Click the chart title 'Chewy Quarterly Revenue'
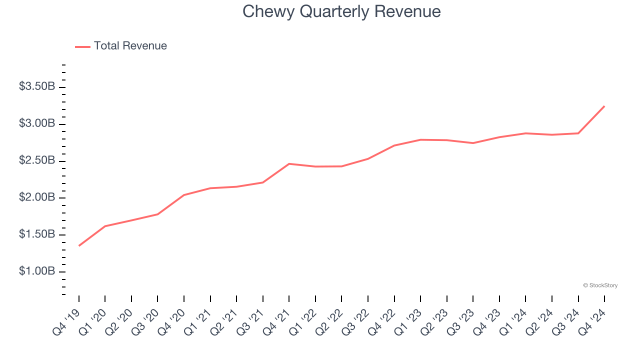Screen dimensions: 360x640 point(341,11)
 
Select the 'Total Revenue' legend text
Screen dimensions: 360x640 point(130,46)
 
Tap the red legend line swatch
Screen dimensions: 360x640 point(82,46)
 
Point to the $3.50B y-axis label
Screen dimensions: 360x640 point(37,86)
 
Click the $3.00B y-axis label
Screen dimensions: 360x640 point(37,123)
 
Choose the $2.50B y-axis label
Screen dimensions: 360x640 point(37,160)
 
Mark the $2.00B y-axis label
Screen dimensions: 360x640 point(37,197)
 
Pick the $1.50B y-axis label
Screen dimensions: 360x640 point(37,234)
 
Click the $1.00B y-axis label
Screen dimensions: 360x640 point(37,271)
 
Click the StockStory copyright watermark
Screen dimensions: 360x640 point(600,285)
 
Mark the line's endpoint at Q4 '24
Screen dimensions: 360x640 point(604,106)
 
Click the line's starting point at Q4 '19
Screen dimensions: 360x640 point(79,245)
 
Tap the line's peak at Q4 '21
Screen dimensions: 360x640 point(289,163)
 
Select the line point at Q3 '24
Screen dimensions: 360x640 point(578,133)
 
